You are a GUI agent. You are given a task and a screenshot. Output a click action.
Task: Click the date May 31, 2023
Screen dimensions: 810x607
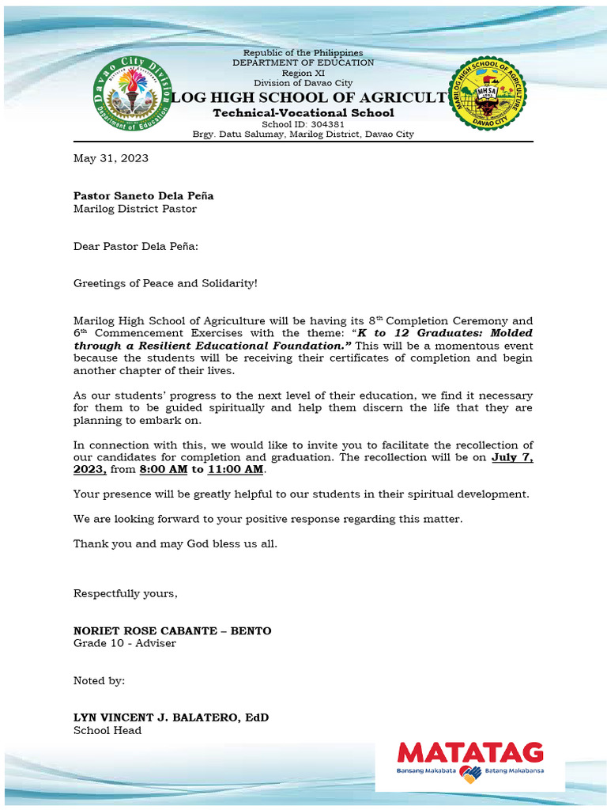pyautogui.click(x=111, y=158)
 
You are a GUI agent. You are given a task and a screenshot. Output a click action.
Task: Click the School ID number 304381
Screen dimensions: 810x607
pyautogui.click(x=326, y=124)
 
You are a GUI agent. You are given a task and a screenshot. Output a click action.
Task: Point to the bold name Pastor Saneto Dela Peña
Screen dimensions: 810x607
pyautogui.click(x=143, y=195)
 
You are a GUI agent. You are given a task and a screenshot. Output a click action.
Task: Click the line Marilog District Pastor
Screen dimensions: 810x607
pyautogui.click(x=134, y=209)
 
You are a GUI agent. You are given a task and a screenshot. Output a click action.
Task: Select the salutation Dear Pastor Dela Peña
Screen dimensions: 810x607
pyautogui.click(x=136, y=246)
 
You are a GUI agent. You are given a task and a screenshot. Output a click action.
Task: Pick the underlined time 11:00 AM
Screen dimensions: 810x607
pyautogui.click(x=235, y=470)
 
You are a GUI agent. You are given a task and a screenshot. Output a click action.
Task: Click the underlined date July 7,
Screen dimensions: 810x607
pyautogui.click(x=512, y=457)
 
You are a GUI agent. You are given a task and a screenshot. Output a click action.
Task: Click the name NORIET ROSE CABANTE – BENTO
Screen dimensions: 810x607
pyautogui.click(x=172, y=630)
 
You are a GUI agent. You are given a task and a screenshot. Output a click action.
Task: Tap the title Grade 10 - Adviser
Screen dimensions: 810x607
pyautogui.click(x=124, y=643)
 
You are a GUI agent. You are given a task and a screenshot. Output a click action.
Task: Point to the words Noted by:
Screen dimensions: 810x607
pyautogui.click(x=99, y=680)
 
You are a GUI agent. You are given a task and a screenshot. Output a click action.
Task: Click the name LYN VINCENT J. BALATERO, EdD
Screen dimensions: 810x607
pyautogui.click(x=171, y=717)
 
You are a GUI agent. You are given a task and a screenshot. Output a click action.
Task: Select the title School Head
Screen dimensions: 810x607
pyautogui.click(x=107, y=730)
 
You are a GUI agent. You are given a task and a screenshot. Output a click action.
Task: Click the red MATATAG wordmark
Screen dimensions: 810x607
pyautogui.click(x=469, y=752)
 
